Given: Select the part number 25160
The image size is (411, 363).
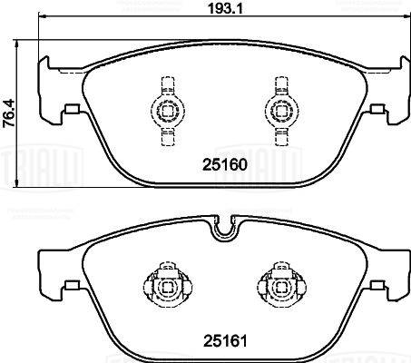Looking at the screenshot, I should point(221,167).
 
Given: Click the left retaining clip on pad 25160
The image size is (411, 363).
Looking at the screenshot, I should point(165,111).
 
